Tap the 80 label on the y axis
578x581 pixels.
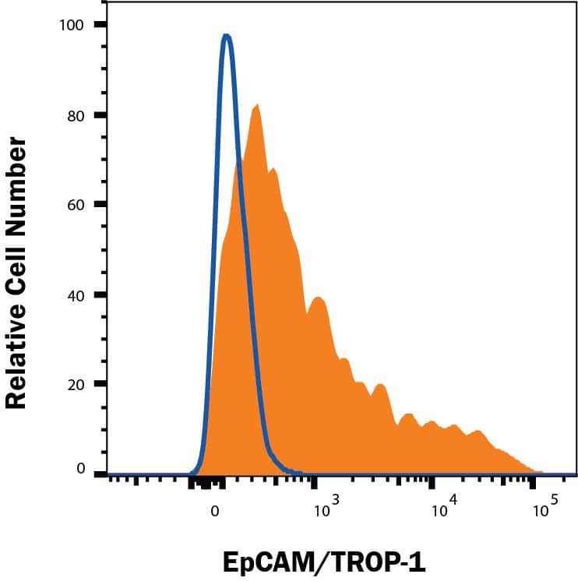point(76,115)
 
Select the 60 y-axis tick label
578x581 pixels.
point(76,205)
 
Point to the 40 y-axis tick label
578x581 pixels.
point(76,294)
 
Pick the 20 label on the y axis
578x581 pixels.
point(76,384)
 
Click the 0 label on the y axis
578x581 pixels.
point(79,468)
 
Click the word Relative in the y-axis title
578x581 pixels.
point(17,342)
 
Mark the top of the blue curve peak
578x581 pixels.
point(226,36)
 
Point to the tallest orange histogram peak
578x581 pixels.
point(256,106)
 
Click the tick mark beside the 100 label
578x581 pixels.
point(100,25)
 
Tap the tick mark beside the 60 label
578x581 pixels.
point(100,205)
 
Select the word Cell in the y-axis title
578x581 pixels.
point(17,262)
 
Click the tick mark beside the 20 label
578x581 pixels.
point(100,384)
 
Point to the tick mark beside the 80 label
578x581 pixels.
point(100,115)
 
